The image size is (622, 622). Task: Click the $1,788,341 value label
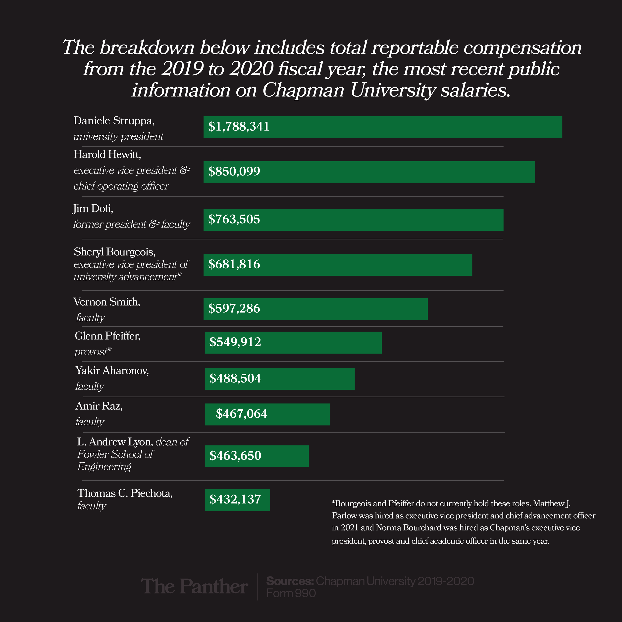[239, 127]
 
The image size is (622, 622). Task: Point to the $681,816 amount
[234, 264]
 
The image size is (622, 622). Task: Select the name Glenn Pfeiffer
[107, 336]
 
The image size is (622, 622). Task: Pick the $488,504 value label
[235, 378]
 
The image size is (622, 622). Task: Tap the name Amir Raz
[99, 406]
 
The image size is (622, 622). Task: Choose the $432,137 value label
[235, 499]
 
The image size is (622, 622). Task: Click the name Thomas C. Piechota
[125, 493]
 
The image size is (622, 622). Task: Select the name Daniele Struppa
[114, 120]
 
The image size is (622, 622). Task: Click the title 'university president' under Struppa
[118, 137]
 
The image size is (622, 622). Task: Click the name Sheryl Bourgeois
[114, 252]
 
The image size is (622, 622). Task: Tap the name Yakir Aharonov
[112, 370]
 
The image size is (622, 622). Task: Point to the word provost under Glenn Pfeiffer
[91, 352]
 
